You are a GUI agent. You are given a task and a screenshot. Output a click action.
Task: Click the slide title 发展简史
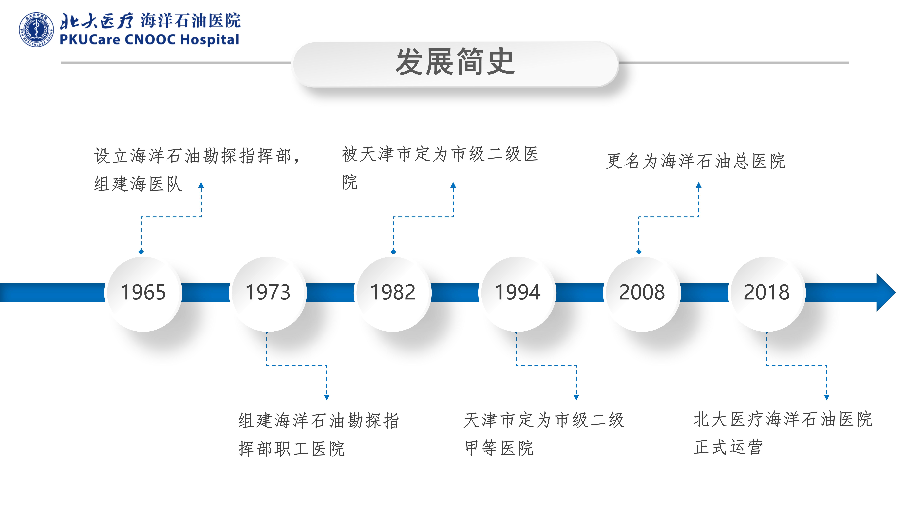455,62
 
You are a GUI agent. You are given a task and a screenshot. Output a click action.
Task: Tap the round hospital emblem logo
36,30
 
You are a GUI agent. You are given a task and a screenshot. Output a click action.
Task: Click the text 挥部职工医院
291,449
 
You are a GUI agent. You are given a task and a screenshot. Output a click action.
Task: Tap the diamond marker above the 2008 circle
639,252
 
